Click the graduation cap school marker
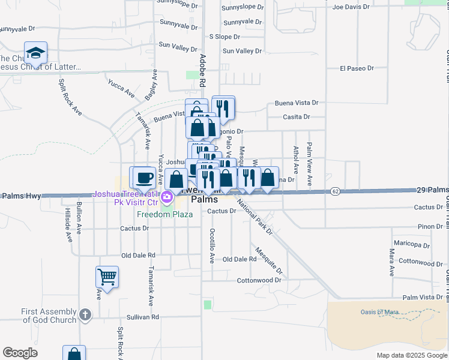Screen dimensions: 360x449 point(35,53)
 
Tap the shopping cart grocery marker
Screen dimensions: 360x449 point(107,277)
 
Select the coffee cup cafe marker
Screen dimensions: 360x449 point(143,178)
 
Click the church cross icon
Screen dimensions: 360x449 point(85,314)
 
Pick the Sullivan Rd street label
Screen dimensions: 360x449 point(142,317)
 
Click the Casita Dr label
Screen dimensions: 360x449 point(297,117)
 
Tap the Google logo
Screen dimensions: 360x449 point(20,353)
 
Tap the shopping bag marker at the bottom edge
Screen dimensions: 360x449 point(74,354)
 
